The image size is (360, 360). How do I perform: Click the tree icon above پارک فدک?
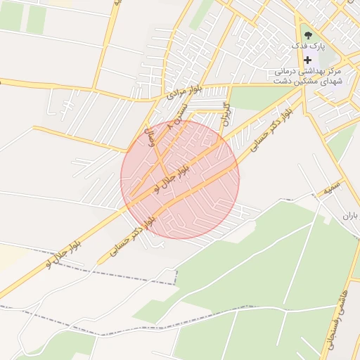point(307,33)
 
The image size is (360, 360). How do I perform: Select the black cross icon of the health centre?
point(307,60)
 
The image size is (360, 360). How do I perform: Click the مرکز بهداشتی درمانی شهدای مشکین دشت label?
point(307,77)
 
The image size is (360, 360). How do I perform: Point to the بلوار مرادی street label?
point(184,89)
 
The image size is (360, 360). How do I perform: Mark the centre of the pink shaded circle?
point(180,179)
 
